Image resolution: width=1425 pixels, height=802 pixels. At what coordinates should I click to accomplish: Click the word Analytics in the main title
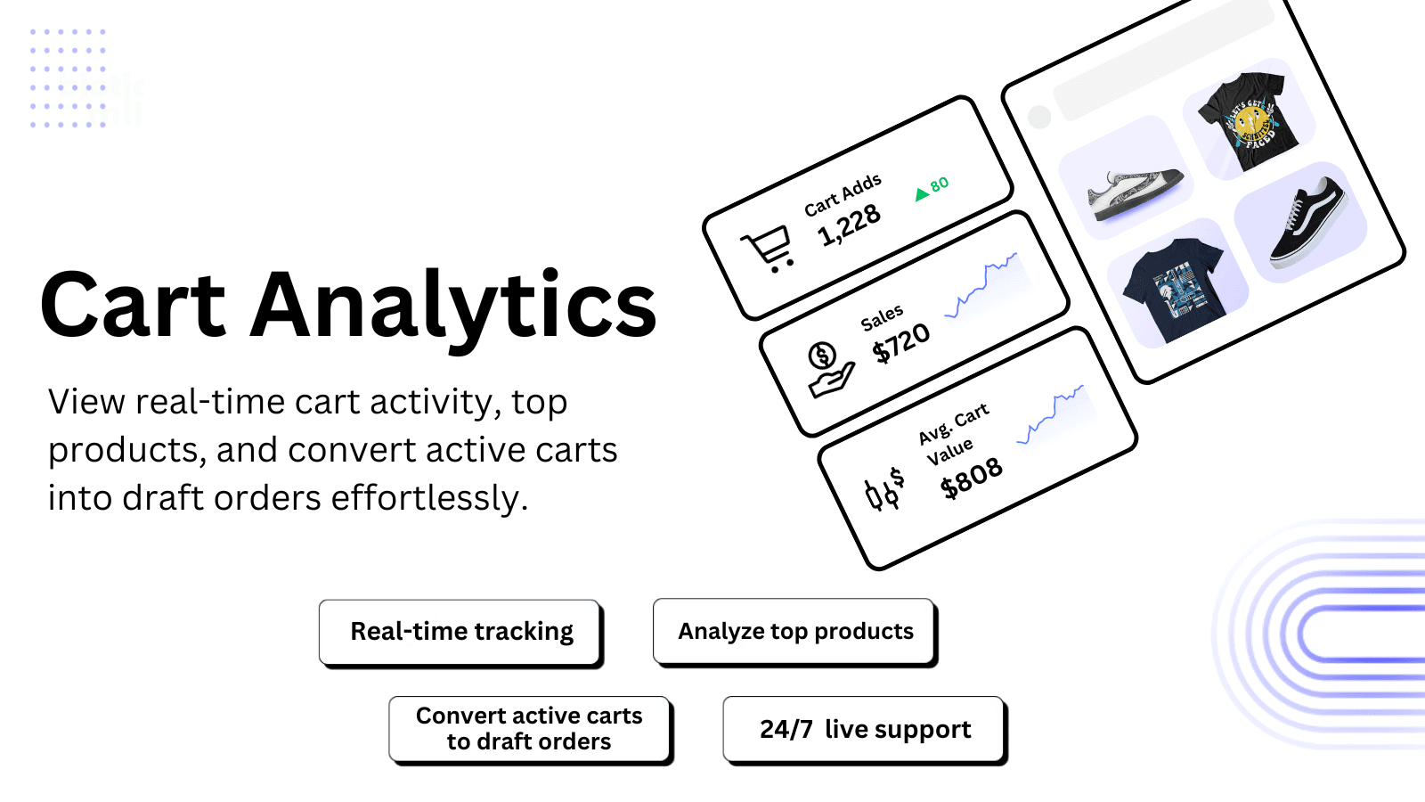pos(454,307)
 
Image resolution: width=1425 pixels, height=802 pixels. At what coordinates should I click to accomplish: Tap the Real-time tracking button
pos(460,632)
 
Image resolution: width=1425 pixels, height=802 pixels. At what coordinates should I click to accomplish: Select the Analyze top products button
pos(794,632)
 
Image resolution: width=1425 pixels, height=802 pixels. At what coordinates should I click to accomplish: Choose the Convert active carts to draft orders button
pos(529,729)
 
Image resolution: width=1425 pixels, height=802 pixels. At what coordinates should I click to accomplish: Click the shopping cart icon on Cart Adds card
pos(769,248)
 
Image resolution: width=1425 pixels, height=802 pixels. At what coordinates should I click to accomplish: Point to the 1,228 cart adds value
pos(849,225)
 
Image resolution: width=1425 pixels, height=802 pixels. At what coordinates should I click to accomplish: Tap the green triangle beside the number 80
pos(922,194)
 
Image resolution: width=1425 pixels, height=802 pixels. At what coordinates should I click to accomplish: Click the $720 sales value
pos(900,343)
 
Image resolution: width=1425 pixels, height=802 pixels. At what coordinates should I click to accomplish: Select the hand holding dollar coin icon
pos(828,369)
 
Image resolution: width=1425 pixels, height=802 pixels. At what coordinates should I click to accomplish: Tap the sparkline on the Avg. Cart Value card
pos(1053,414)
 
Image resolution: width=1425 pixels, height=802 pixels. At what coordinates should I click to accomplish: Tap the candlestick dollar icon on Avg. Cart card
pos(883,489)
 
